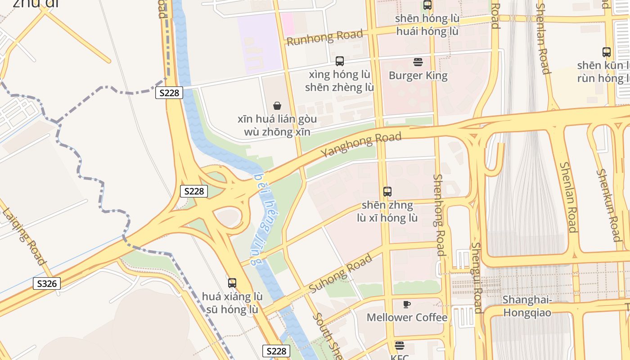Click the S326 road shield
tap(47, 283)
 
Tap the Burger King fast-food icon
tap(418, 62)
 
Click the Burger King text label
tap(418, 75)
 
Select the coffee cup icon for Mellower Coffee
tap(407, 304)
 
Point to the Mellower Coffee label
tap(407, 317)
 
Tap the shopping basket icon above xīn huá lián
tap(277, 106)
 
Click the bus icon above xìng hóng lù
tap(340, 61)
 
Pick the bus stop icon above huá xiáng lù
tap(232, 283)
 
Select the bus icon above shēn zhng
tap(387, 191)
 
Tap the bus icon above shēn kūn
tap(607, 52)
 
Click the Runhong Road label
tap(324, 37)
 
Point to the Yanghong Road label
tap(360, 144)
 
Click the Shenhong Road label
tap(439, 215)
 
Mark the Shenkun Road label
tap(609, 205)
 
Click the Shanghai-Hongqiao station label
tap(527, 306)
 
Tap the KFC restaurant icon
tap(399, 346)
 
